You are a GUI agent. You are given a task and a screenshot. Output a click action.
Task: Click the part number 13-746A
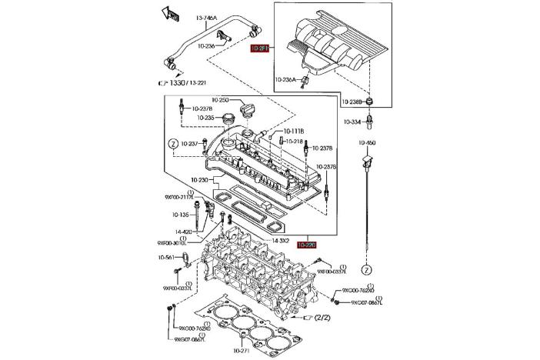(206, 18)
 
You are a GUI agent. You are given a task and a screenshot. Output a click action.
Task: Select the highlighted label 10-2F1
(258, 48)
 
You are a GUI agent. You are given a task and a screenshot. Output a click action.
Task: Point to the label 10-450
(366, 142)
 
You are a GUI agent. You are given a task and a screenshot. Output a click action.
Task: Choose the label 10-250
(220, 100)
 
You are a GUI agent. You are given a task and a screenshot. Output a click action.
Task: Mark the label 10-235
(205, 118)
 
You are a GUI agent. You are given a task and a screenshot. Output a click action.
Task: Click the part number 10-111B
(294, 131)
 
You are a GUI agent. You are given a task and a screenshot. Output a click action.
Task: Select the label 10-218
(293, 142)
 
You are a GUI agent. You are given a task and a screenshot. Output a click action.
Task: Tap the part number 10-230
(199, 180)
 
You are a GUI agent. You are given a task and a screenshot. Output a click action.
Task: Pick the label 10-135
(181, 215)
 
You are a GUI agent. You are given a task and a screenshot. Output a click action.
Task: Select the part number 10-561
(166, 258)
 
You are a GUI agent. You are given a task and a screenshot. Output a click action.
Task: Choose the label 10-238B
(352, 102)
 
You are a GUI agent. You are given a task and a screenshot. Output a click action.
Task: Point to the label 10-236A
(286, 79)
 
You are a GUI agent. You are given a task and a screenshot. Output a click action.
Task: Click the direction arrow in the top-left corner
(169, 12)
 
